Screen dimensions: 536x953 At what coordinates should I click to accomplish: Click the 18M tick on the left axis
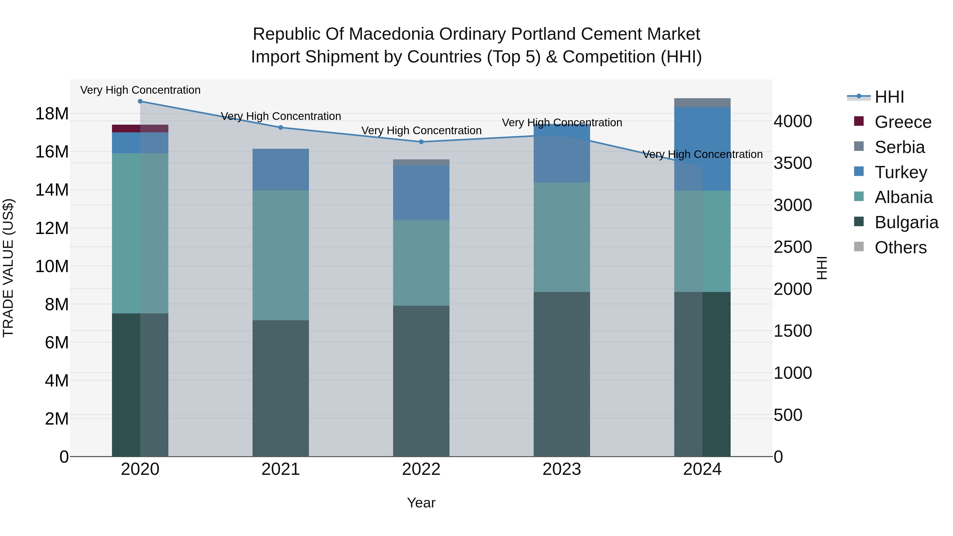click(x=52, y=114)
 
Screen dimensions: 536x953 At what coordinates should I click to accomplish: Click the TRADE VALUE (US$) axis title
click(x=8, y=268)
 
